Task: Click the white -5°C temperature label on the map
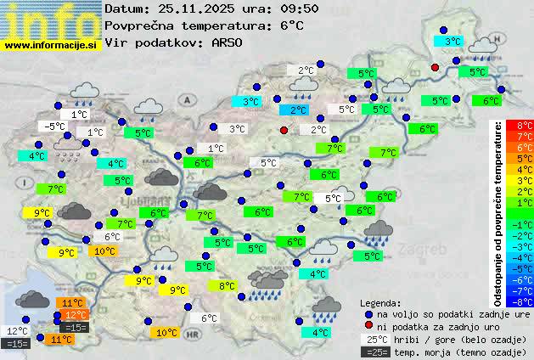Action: [56, 127]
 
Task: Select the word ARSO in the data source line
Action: [228, 42]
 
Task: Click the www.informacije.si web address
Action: [51, 45]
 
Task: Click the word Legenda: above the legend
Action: [380, 303]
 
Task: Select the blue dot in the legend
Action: [368, 314]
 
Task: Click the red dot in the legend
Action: [368, 326]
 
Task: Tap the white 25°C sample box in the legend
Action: [375, 339]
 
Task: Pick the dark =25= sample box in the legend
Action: [375, 352]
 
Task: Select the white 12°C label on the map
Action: [18, 331]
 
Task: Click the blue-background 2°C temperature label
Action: [297, 110]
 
